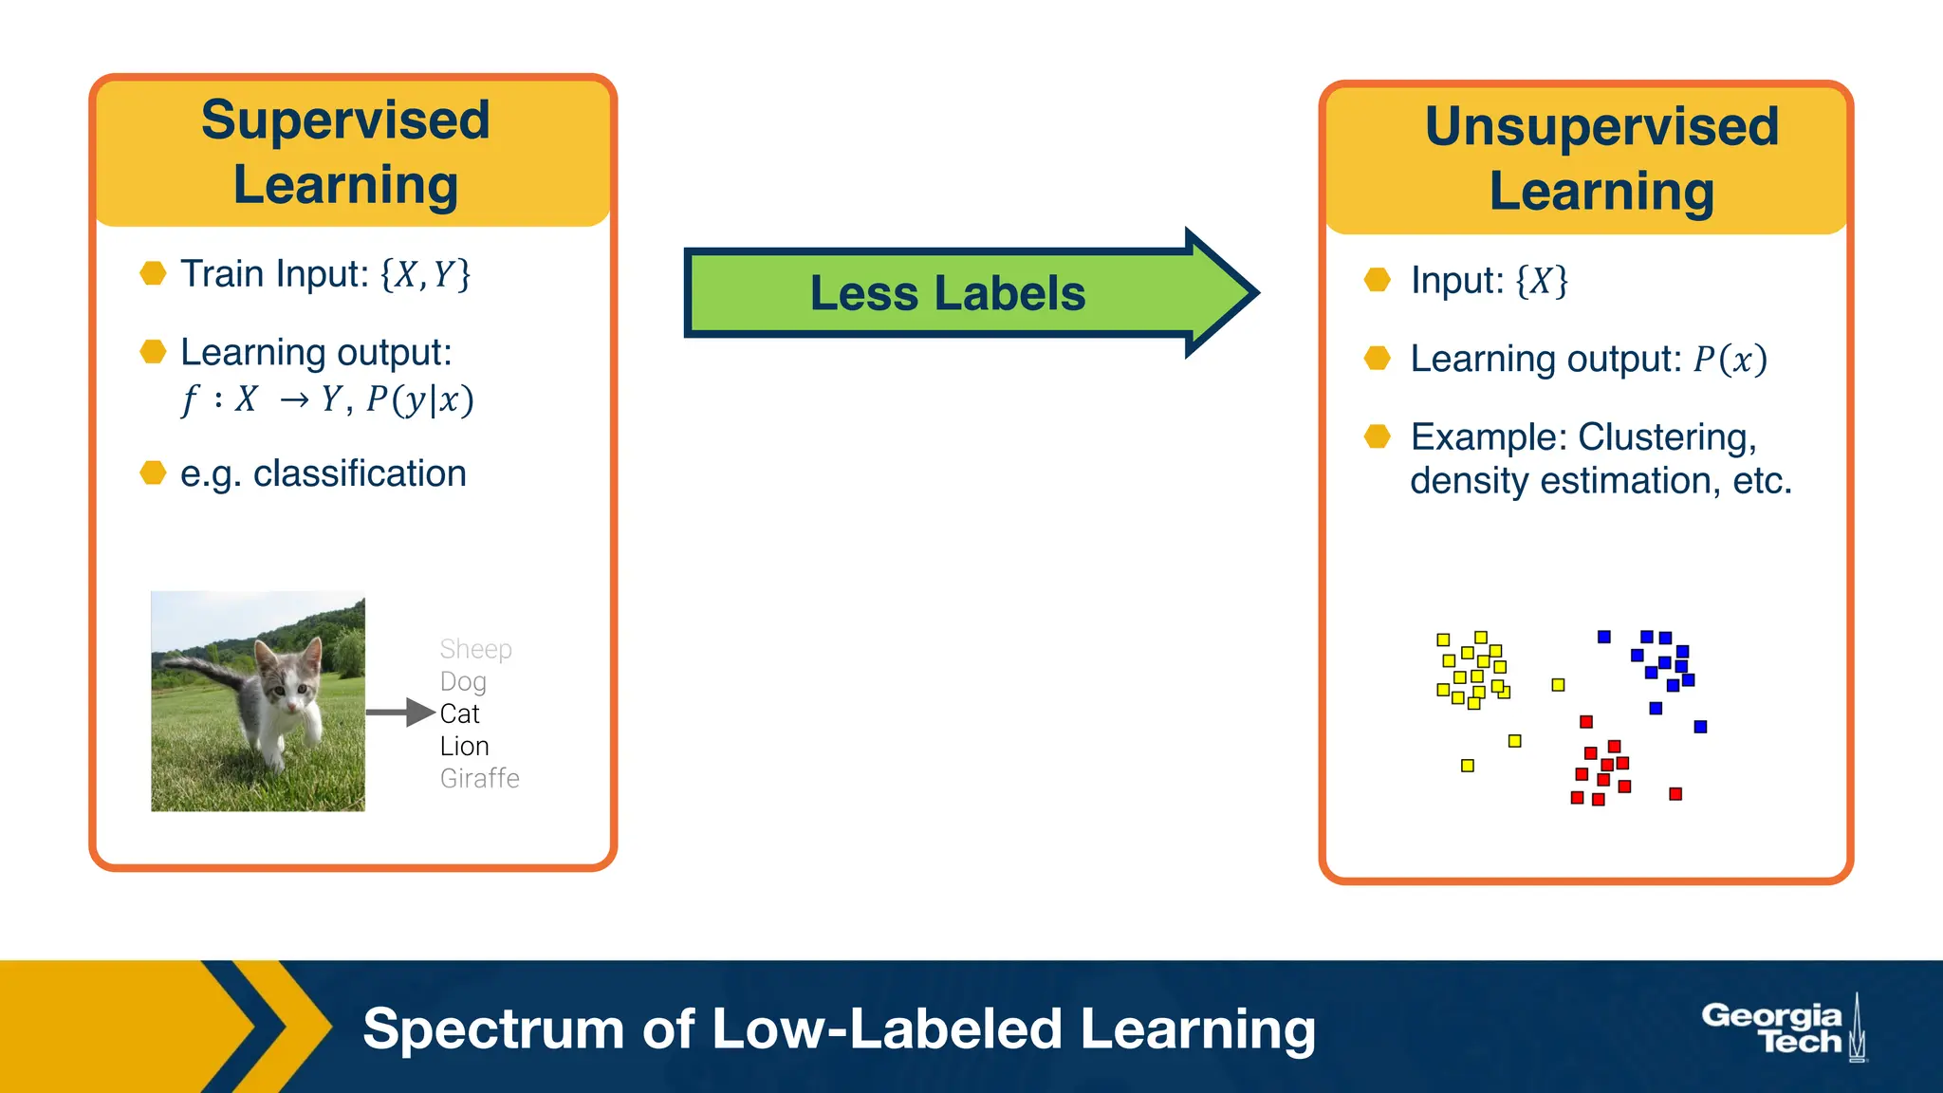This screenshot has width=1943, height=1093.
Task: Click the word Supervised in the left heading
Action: pos(345,121)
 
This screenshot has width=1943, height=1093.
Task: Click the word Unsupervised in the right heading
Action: pos(1601,127)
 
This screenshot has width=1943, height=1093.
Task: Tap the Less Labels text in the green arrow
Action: pos(947,293)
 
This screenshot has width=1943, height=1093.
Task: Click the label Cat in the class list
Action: pos(459,713)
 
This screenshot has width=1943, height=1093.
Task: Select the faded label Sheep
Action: pos(475,649)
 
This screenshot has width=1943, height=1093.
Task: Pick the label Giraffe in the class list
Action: pos(479,778)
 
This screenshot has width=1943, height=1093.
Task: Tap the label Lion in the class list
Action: pos(464,746)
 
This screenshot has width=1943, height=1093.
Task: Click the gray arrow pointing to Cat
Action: pos(399,712)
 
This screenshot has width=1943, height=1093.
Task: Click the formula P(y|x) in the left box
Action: pos(419,399)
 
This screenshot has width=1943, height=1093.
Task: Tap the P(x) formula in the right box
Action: pos(1730,360)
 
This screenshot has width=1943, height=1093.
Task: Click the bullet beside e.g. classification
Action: pos(153,472)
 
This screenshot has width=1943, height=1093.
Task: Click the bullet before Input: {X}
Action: pos(1377,280)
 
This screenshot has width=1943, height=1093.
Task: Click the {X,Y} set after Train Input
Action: pos(425,275)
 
